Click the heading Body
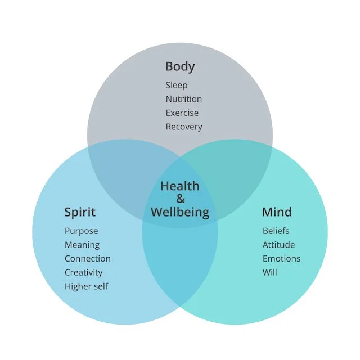tap(180, 66)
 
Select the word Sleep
tap(176, 85)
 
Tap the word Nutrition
tap(183, 99)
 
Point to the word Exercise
tap(182, 113)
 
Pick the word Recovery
tap(183, 127)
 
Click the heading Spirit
tap(80, 212)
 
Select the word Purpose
tap(81, 231)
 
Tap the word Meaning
tap(82, 245)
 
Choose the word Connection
tap(87, 259)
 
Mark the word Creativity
tap(83, 272)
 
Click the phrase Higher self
tap(86, 286)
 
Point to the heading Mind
tap(277, 212)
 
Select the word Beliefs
tap(276, 231)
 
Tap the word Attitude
tap(278, 245)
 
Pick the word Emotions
tap(281, 259)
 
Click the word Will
tap(269, 272)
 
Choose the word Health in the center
tap(180, 186)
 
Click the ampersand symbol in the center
tap(180, 199)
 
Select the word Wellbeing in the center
tap(180, 213)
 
